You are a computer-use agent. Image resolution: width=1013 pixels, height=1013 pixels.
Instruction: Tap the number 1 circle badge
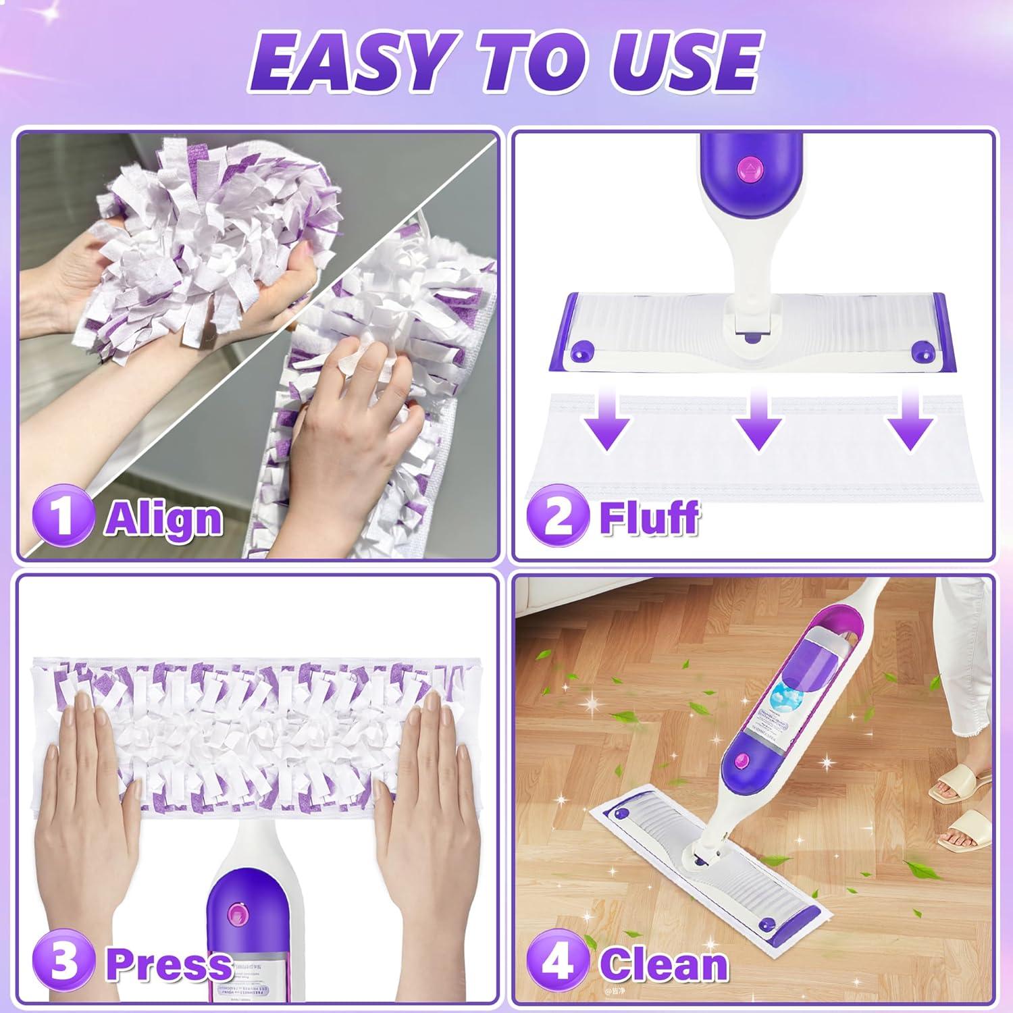[x=62, y=517]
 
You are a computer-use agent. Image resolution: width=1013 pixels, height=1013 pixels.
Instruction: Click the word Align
[x=164, y=519]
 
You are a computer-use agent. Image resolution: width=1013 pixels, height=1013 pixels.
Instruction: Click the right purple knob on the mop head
[x=920, y=351]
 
